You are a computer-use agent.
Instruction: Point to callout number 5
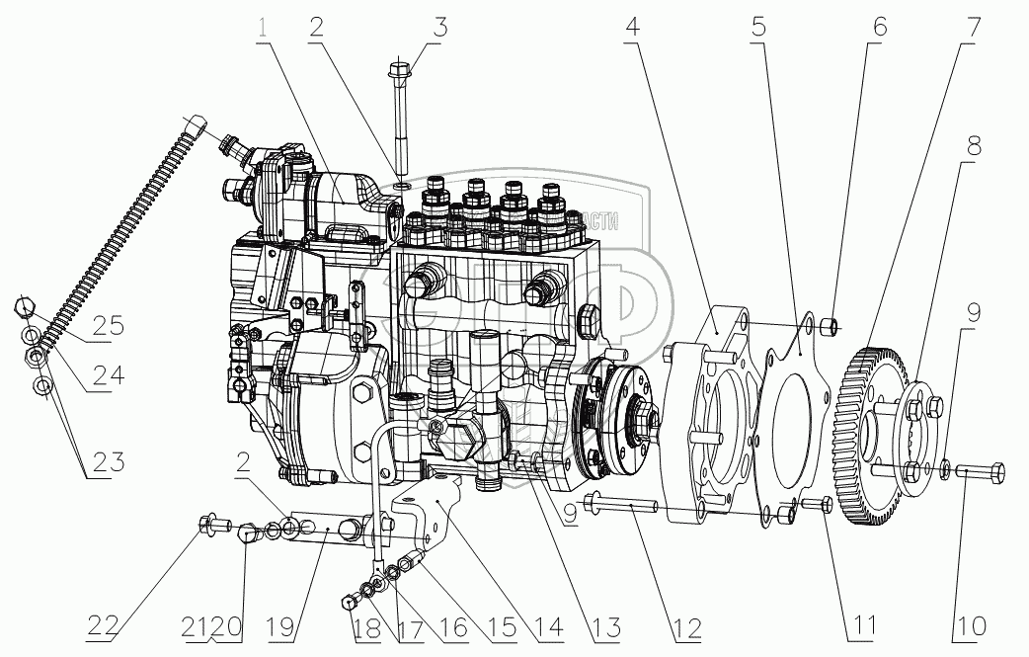coord(757,28)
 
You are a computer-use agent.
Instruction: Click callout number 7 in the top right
coord(973,28)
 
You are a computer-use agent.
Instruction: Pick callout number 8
coord(974,147)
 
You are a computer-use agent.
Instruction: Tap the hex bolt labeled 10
coord(980,472)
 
